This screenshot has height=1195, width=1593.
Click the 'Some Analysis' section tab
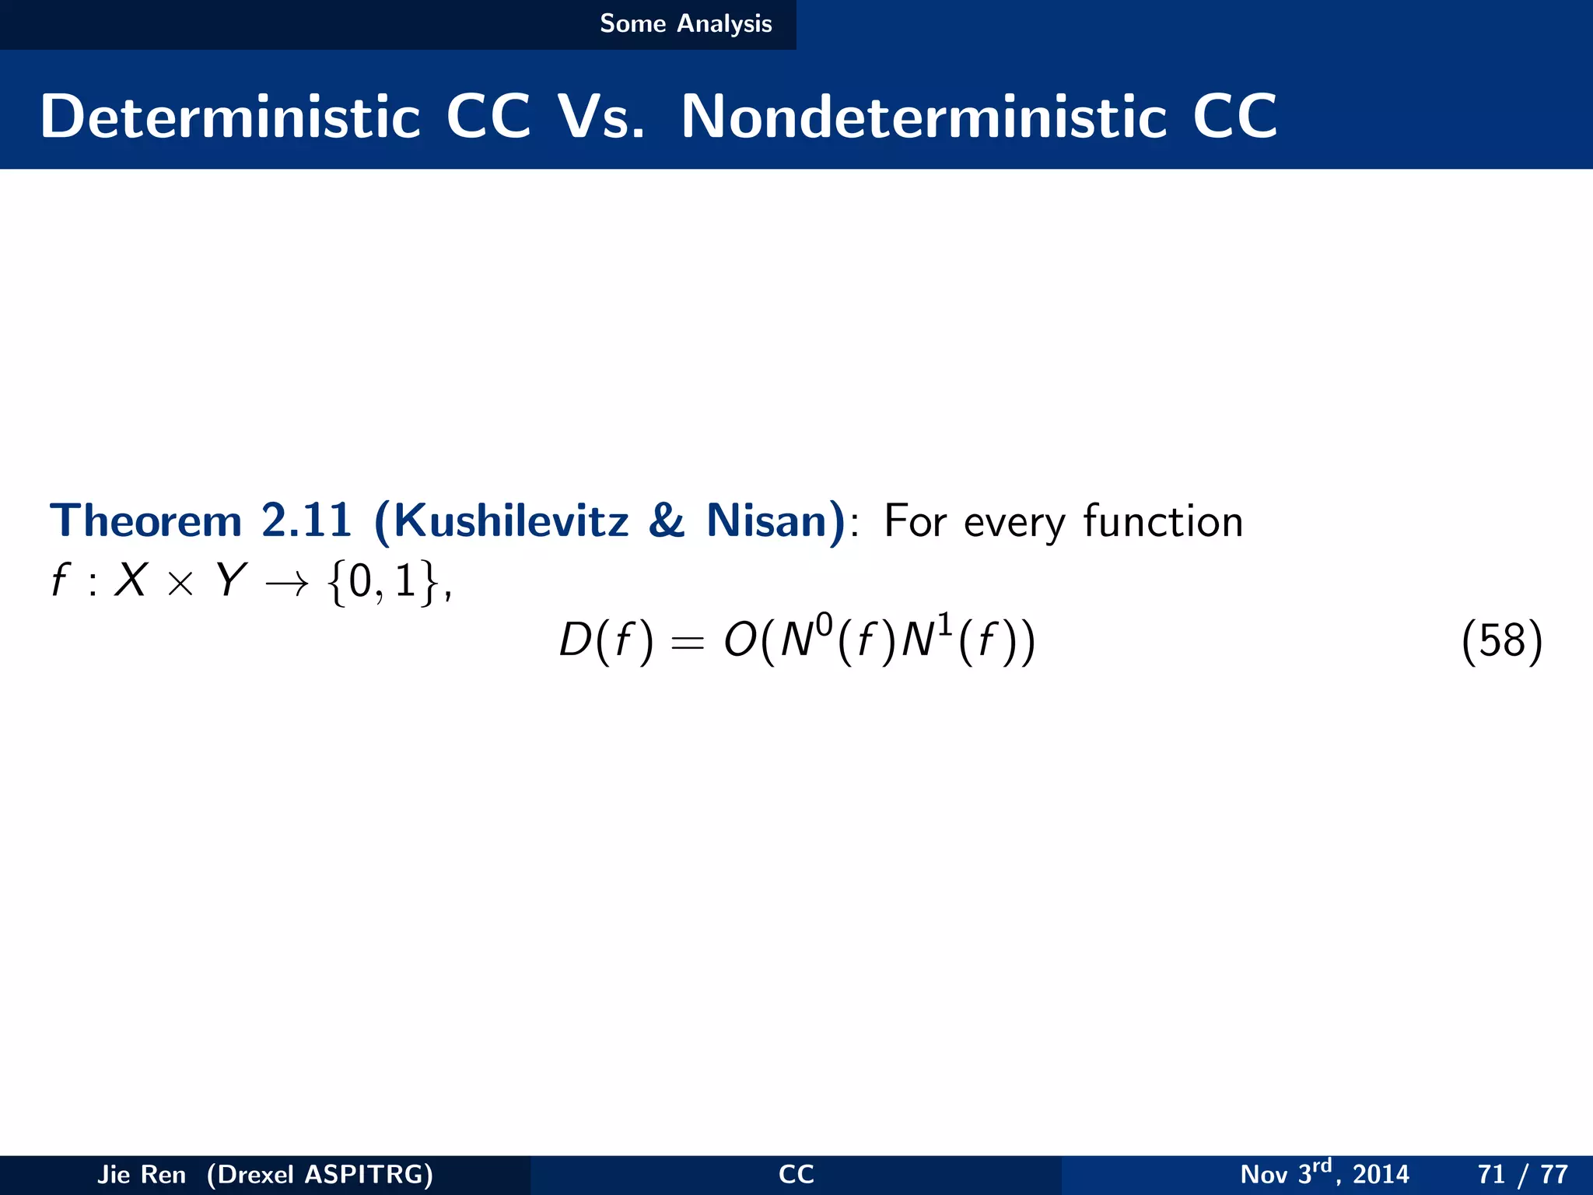pyautogui.click(x=685, y=24)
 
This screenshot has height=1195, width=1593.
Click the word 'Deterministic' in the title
pyautogui.click(x=230, y=117)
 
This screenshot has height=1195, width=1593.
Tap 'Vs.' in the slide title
pyautogui.click(x=601, y=117)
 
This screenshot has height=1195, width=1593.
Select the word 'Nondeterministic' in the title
pyautogui.click(x=924, y=117)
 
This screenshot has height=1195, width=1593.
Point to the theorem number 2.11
pyautogui.click(x=306, y=520)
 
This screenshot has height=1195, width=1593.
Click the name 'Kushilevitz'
pyautogui.click(x=510, y=520)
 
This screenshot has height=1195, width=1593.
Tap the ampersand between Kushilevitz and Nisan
pyautogui.click(x=667, y=520)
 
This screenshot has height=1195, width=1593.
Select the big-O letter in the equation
pyautogui.click(x=739, y=642)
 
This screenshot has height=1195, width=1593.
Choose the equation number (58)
pyautogui.click(x=1501, y=642)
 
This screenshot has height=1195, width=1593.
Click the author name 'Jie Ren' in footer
pyautogui.click(x=142, y=1174)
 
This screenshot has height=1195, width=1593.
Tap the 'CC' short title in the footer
pyautogui.click(x=796, y=1174)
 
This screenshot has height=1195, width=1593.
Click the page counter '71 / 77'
pyautogui.click(x=1522, y=1174)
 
